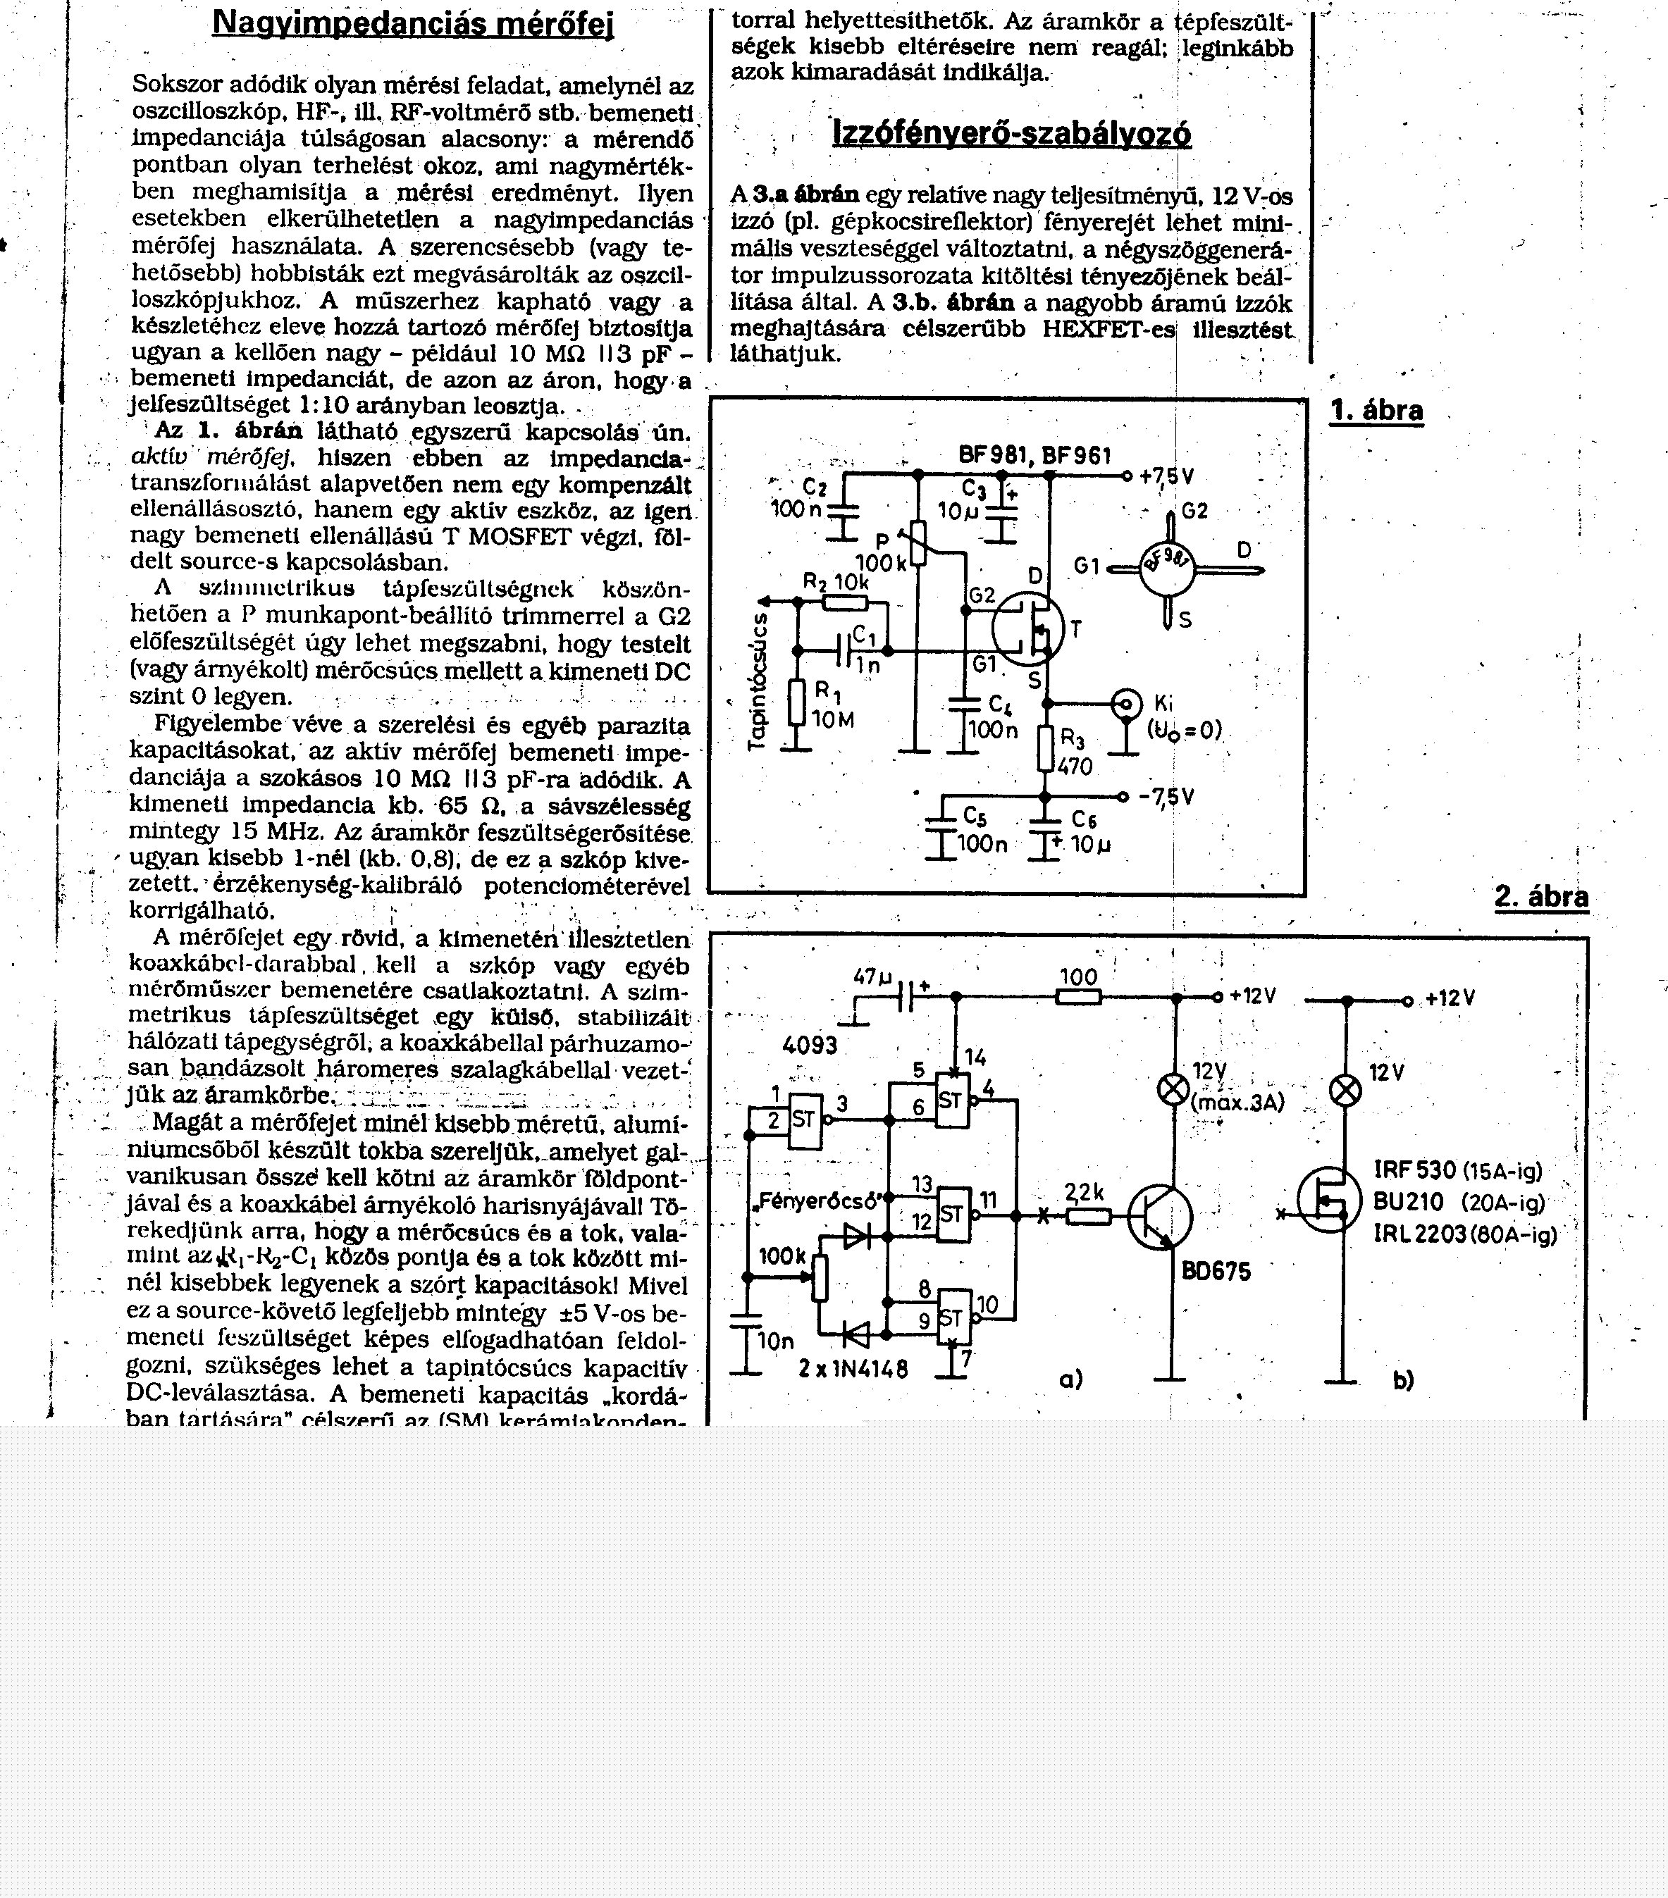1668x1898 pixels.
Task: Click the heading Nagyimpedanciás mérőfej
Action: click(x=413, y=23)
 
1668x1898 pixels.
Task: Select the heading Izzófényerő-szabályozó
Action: click(x=1011, y=135)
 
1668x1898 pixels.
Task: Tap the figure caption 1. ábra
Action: click(x=1376, y=411)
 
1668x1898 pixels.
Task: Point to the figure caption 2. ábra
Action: click(x=1540, y=896)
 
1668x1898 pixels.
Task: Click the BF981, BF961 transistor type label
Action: click(x=1034, y=455)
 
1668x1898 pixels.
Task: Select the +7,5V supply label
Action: click(x=1166, y=476)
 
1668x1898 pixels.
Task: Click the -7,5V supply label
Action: click(x=1166, y=797)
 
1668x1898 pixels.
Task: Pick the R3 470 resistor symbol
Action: click(x=1046, y=748)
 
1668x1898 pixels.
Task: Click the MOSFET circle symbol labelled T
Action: click(x=1027, y=628)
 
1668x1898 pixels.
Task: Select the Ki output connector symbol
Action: click(x=1128, y=704)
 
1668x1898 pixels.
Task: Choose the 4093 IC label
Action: click(x=810, y=1045)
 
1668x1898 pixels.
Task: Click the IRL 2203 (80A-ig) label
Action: click(x=1464, y=1234)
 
